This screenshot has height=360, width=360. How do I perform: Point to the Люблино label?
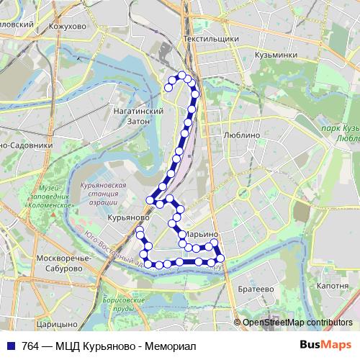(x=242, y=134)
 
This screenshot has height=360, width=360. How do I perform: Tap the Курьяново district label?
(x=128, y=216)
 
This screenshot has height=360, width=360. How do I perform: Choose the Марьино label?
(x=201, y=235)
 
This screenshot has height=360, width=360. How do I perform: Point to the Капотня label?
(x=332, y=286)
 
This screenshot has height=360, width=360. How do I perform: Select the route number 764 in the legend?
(x=31, y=345)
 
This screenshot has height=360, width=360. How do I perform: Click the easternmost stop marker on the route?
(x=220, y=258)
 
